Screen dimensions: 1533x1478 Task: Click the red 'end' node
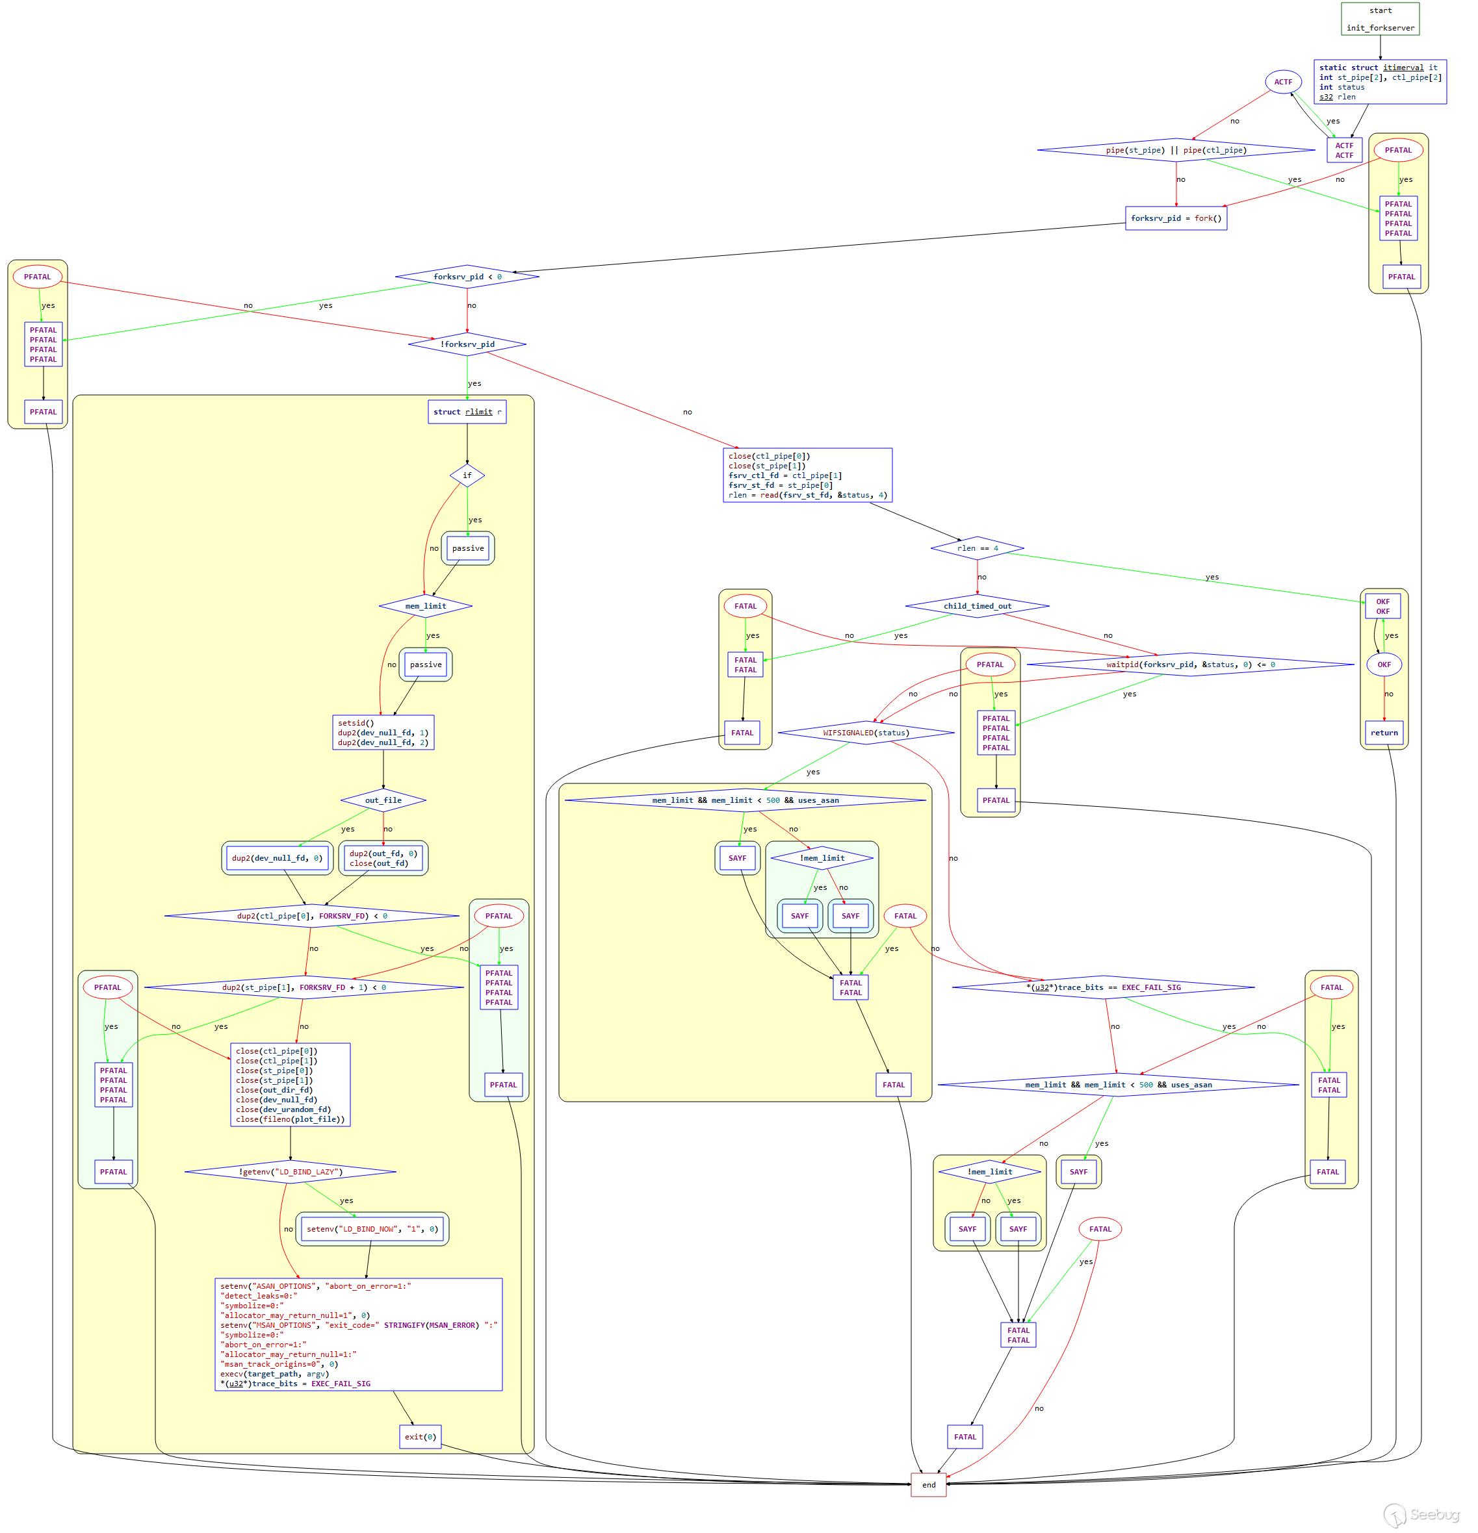click(928, 1484)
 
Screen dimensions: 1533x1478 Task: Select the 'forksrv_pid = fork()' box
click(1175, 218)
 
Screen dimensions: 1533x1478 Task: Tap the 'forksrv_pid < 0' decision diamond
click(467, 277)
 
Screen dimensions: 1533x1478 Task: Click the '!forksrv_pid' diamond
click(467, 344)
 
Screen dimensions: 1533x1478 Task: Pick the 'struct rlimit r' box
click(467, 411)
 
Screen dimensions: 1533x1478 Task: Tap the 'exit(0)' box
click(420, 1436)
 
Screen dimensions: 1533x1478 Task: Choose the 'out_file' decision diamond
click(383, 800)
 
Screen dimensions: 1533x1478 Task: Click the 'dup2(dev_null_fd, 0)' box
click(277, 858)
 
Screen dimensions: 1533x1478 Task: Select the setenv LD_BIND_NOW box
click(372, 1229)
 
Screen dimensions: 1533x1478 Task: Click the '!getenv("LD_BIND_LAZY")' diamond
click(291, 1172)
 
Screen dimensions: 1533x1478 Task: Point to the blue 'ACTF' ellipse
click(1283, 82)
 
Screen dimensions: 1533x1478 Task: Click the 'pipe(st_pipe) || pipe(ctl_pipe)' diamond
click(1175, 150)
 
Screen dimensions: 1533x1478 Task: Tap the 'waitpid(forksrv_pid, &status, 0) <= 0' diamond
click(1189, 665)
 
